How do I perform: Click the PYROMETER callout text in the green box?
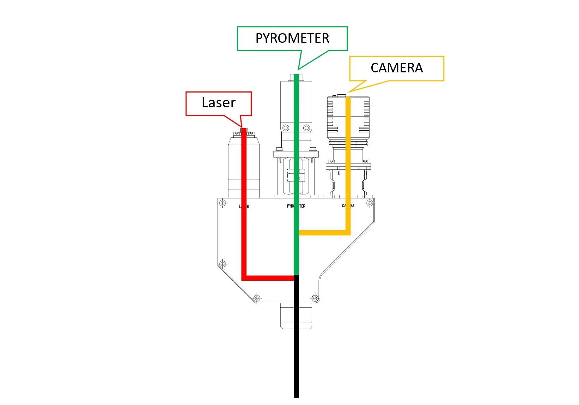click(292, 38)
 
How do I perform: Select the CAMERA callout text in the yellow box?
click(396, 68)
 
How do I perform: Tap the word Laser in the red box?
click(218, 102)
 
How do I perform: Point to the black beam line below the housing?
click(297, 353)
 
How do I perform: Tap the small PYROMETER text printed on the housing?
click(296, 206)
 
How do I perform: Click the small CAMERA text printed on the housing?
click(348, 206)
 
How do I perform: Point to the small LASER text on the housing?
click(244, 206)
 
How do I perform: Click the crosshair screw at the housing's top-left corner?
click(223, 203)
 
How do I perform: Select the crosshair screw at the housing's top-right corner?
click(370, 203)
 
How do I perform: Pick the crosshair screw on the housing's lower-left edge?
click(223, 264)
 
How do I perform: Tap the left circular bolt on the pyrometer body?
click(286, 127)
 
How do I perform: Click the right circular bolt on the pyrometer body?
click(307, 127)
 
